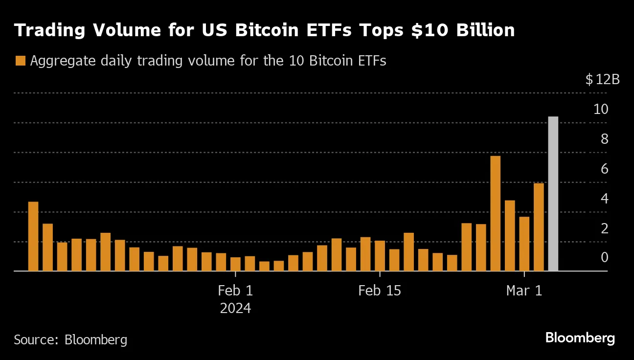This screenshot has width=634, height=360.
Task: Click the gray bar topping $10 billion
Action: tap(553, 194)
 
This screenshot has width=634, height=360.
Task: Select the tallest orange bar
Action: tap(495, 213)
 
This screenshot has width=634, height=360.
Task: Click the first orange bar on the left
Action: tap(33, 236)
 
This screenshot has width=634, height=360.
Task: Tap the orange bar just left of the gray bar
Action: tap(539, 227)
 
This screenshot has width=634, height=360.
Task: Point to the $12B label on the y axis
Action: tap(602, 79)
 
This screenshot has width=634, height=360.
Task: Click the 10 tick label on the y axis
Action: tap(600, 110)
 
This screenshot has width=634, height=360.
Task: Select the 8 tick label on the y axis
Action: tap(604, 139)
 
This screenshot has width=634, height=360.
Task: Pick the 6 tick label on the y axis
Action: tap(604, 169)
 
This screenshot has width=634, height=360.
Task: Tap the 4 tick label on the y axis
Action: tap(604, 199)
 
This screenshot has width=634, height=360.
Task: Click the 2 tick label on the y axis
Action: tap(604, 228)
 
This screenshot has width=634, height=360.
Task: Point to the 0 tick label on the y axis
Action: tap(604, 258)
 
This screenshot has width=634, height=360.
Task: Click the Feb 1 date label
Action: tap(235, 291)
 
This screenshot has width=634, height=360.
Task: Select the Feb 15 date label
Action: tap(379, 291)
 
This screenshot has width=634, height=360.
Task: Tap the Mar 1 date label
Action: tap(524, 291)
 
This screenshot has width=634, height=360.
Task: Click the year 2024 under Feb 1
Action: tap(235, 309)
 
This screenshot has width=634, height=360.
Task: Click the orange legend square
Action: tap(20, 61)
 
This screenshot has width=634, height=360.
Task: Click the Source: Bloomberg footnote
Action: tap(70, 339)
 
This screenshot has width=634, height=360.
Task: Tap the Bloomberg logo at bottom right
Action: tap(580, 338)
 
